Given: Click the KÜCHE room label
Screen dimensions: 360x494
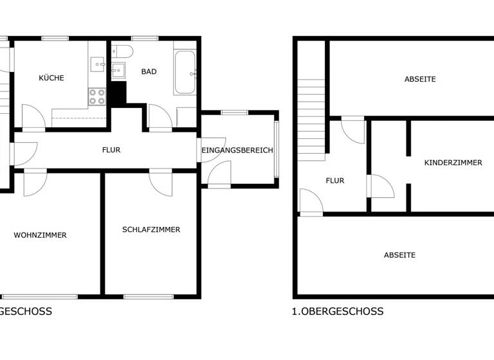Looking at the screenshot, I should pyautogui.click(x=51, y=78).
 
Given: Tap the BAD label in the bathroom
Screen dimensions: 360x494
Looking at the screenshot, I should pyautogui.click(x=149, y=71).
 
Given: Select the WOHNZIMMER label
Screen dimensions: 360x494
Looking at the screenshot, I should pyautogui.click(x=41, y=235).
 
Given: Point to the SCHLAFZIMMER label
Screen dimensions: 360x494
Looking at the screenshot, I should pyautogui.click(x=151, y=230).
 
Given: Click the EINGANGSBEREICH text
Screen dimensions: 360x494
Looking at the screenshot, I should pyautogui.click(x=238, y=150).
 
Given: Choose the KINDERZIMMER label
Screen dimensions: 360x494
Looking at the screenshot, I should pyautogui.click(x=453, y=163).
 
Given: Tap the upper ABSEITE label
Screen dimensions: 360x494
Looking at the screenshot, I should pyautogui.click(x=420, y=79).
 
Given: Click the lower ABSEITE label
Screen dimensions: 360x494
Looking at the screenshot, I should pyautogui.click(x=399, y=255).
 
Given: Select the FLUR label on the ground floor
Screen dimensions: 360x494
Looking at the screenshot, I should pyautogui.click(x=111, y=150).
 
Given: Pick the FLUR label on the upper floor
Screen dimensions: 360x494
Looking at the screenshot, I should pyautogui.click(x=335, y=181).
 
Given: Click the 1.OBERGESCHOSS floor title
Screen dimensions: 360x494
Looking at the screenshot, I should pyautogui.click(x=338, y=311).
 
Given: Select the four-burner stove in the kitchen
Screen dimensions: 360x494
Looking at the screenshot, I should pyautogui.click(x=97, y=96).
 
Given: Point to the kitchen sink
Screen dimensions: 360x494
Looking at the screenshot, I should pyautogui.click(x=97, y=64).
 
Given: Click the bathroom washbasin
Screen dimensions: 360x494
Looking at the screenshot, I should pyautogui.click(x=118, y=69).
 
